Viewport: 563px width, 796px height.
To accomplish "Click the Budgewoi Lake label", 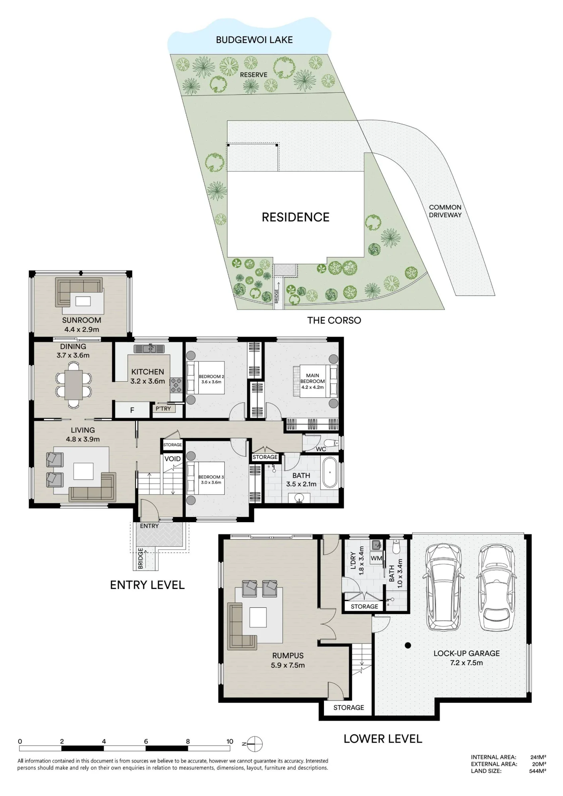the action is click(x=254, y=40).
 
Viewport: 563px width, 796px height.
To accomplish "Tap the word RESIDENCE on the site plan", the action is click(x=296, y=217).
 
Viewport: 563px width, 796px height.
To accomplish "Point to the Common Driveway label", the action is click(x=445, y=211).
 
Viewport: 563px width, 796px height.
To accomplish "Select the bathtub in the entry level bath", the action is click(x=330, y=472).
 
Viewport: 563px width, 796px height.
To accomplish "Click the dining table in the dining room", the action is click(x=74, y=384).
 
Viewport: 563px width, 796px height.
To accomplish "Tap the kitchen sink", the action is click(x=149, y=349).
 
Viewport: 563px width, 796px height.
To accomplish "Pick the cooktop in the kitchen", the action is click(x=176, y=385).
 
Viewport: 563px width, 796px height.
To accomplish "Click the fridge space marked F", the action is click(x=132, y=410).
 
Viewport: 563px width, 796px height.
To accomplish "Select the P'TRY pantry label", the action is click(x=163, y=409).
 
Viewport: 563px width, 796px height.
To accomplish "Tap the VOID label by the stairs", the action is click(x=173, y=459).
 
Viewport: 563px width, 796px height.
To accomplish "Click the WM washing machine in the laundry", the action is click(x=376, y=558).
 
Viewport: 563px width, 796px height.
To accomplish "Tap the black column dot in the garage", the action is click(x=408, y=646).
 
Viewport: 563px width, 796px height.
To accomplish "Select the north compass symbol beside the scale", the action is click(x=254, y=743).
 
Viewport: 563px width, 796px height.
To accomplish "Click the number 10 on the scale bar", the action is click(x=230, y=741).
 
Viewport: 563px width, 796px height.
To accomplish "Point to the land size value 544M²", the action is click(x=537, y=771).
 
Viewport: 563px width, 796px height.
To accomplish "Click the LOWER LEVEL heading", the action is click(x=383, y=739).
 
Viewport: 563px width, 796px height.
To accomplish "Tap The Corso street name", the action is click(x=334, y=320).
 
